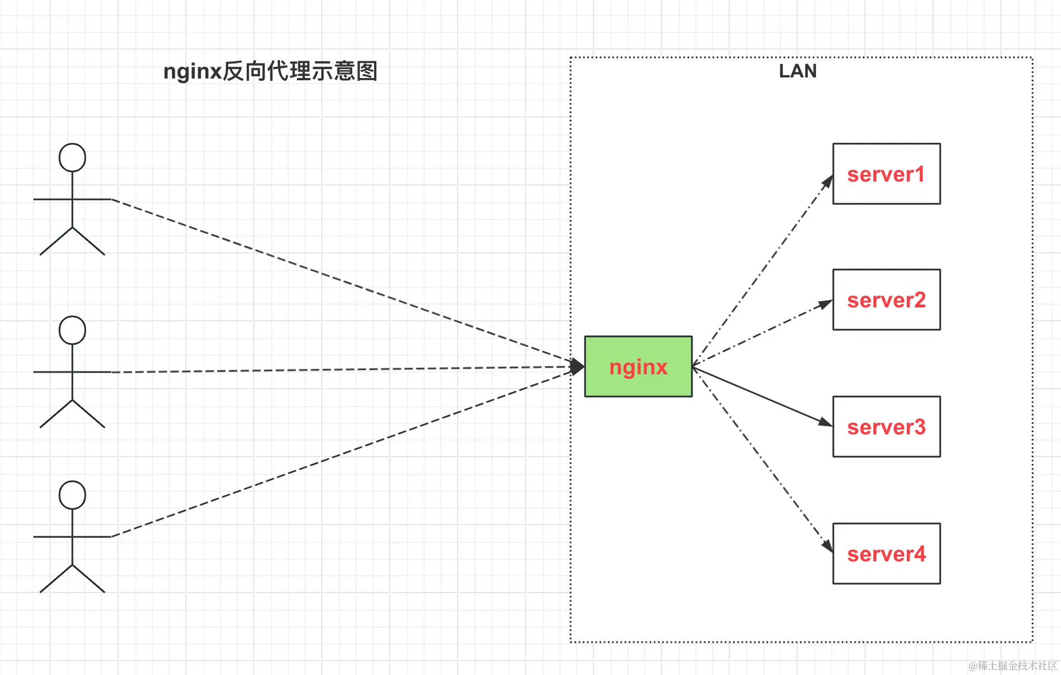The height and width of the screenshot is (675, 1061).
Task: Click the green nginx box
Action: click(638, 366)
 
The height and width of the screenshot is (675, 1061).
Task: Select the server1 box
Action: click(886, 174)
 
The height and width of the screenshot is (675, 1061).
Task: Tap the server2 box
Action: click(886, 300)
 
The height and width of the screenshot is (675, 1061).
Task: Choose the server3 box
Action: click(886, 427)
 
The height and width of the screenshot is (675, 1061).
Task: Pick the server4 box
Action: click(886, 554)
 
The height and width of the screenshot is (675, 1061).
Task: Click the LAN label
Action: click(798, 71)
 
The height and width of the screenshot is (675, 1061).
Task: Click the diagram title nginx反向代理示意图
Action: click(271, 71)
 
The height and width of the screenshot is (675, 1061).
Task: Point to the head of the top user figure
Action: click(72, 158)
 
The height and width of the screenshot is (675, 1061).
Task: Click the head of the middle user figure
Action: click(72, 330)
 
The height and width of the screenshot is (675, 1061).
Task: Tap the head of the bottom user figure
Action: click(72, 495)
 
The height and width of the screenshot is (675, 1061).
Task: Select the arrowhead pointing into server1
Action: click(828, 182)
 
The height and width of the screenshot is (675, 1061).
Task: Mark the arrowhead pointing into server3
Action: click(825, 422)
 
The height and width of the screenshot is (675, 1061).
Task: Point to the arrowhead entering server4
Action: click(828, 545)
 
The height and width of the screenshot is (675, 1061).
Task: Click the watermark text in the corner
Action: click(1013, 666)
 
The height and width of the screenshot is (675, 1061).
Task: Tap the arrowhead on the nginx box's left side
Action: click(578, 366)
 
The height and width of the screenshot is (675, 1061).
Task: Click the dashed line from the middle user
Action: click(334, 369)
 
